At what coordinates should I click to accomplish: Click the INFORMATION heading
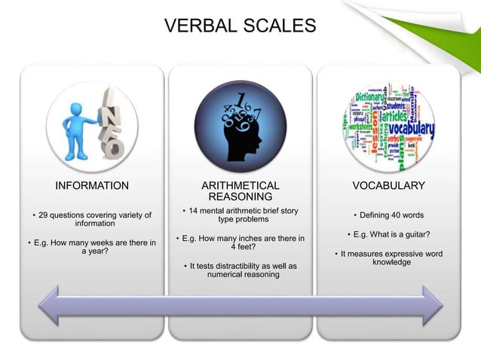pos(92,185)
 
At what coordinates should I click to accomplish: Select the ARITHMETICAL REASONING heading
pos(240,191)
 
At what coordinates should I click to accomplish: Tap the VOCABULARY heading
pos(388,185)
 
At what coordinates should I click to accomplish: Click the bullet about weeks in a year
pos(92,247)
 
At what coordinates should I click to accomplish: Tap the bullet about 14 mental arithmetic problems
pos(240,214)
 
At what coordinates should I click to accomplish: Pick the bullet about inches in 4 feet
pos(240,243)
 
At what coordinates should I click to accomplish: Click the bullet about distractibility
pos(241,270)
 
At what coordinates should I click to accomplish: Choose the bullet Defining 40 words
pos(388,215)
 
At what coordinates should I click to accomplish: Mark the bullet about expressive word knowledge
pos(389,258)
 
